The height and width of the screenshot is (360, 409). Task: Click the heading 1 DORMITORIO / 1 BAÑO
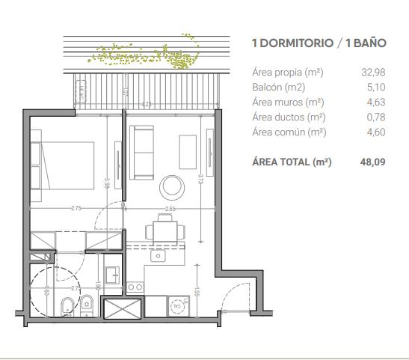point(319,43)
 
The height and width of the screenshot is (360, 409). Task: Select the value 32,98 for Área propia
point(373,73)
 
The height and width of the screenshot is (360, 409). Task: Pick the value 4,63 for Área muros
point(374,103)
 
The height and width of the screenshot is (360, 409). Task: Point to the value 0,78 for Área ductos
point(374,118)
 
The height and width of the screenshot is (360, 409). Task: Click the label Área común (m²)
point(289,132)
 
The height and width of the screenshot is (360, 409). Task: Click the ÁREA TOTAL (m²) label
point(292,161)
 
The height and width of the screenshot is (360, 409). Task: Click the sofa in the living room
point(141,152)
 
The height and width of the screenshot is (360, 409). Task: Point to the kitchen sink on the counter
point(158,255)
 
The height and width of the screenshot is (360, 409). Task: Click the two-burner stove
point(135,286)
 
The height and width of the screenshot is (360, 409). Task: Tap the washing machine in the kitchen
point(177,305)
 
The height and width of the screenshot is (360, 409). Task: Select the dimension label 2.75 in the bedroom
point(76,209)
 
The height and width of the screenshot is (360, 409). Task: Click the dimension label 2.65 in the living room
point(171,209)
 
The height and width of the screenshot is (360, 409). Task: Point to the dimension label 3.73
point(200,180)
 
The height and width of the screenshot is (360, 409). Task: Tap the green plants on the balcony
point(146,52)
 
